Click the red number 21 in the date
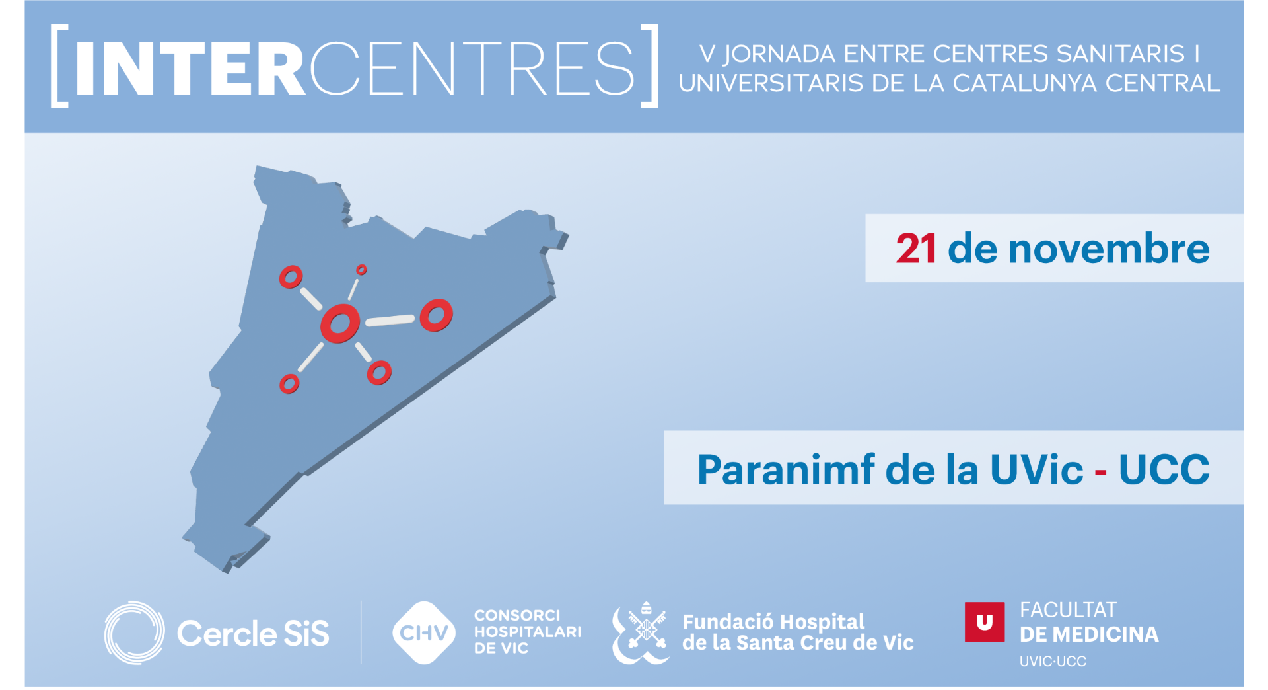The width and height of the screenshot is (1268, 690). point(915,249)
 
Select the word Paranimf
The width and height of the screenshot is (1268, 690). point(785,470)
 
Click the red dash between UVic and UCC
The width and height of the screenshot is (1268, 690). point(1100,472)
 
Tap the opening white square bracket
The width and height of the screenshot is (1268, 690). point(59,65)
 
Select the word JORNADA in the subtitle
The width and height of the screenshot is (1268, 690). point(779,54)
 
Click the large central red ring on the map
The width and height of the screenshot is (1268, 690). point(340,323)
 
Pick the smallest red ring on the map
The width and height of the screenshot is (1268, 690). point(361,270)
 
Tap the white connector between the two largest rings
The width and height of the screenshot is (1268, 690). point(390,321)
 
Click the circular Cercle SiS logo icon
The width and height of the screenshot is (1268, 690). point(135,632)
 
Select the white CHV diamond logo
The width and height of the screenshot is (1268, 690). point(423,632)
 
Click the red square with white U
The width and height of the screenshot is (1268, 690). point(984,622)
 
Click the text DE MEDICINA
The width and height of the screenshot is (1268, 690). point(1088,634)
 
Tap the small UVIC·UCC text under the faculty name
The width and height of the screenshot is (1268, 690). point(1053,662)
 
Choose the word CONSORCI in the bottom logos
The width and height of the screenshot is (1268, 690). point(516,615)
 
